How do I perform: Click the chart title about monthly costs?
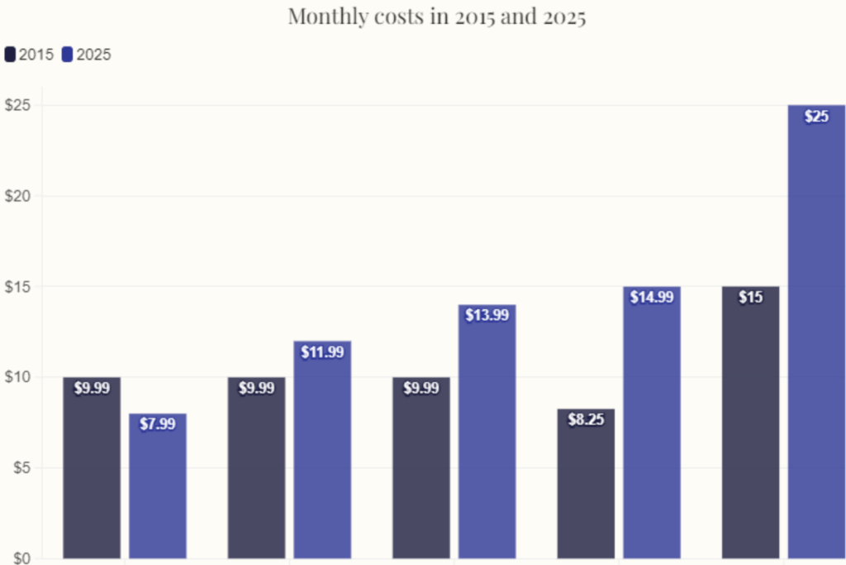436,17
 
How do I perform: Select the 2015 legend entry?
30,55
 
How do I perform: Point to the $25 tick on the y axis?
17,106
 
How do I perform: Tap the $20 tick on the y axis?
17,196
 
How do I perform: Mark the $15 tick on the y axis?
17,286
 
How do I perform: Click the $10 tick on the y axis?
17,377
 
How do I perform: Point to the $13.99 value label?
487,315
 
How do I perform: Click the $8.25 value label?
586,419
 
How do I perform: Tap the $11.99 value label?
322,352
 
